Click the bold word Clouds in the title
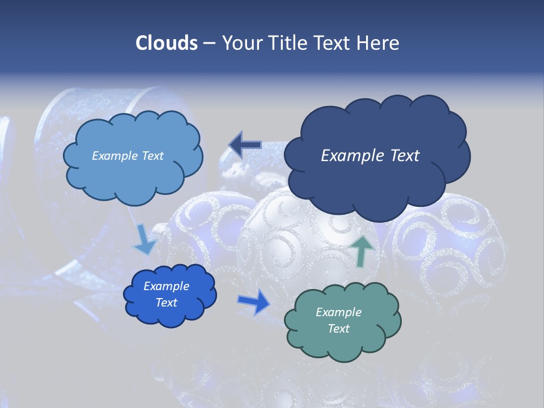(167, 42)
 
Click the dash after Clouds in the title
(209, 44)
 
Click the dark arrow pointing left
(245, 145)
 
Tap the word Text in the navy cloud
(404, 155)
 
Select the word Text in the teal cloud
(338, 329)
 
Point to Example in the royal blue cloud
(166, 286)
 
